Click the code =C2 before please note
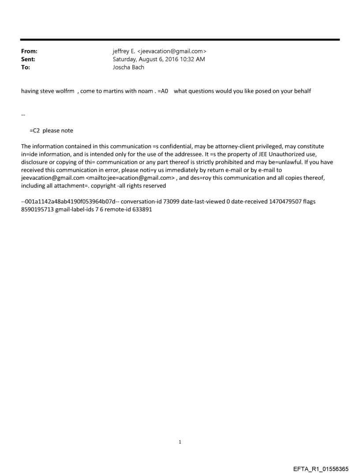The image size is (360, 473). tap(35, 130)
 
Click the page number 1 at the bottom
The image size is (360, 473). tap(180, 442)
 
